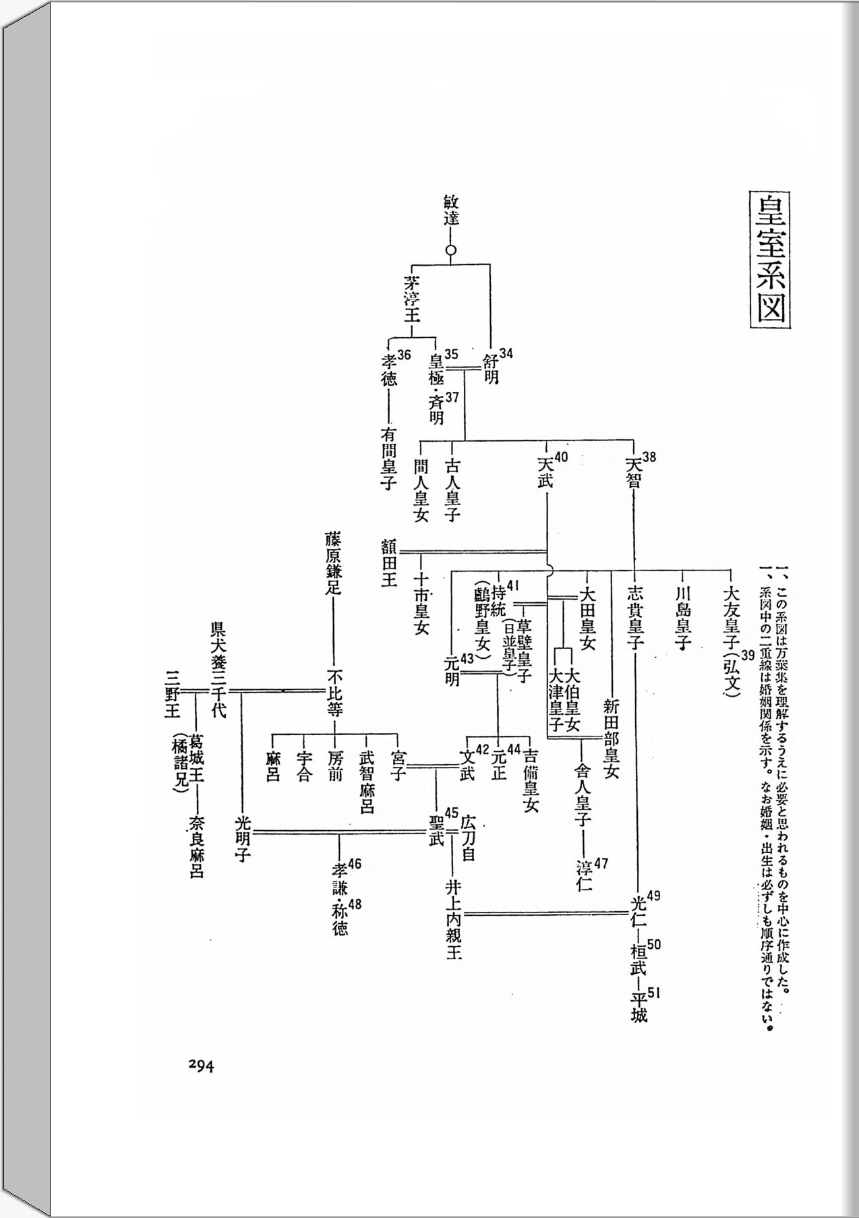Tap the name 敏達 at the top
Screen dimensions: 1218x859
451,210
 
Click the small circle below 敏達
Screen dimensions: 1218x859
451,250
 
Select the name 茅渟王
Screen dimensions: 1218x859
412,297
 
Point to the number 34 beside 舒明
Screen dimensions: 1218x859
506,353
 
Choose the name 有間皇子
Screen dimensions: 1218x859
389,457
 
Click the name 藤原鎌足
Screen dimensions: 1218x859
333,562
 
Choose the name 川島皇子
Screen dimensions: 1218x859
682,616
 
